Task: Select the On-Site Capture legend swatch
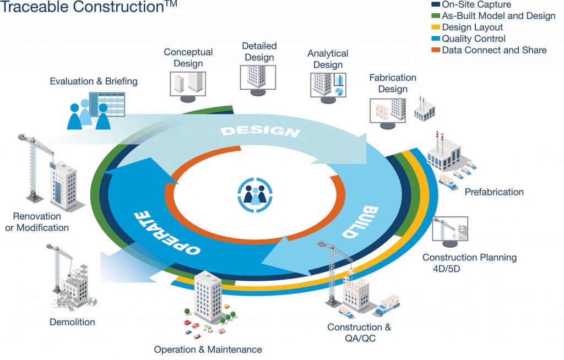pos(436,5)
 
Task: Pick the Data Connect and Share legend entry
pos(493,50)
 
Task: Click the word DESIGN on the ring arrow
pos(260,131)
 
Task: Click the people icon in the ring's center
pos(255,193)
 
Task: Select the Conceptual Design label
pos(188,58)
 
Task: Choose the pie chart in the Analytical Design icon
pos(340,91)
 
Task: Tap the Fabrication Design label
pos(392,84)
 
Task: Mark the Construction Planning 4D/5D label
pos(469,263)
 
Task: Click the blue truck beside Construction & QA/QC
pos(387,306)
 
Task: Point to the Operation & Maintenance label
pos(208,350)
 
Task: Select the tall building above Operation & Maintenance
pos(208,297)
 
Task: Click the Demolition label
pos(72,322)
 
